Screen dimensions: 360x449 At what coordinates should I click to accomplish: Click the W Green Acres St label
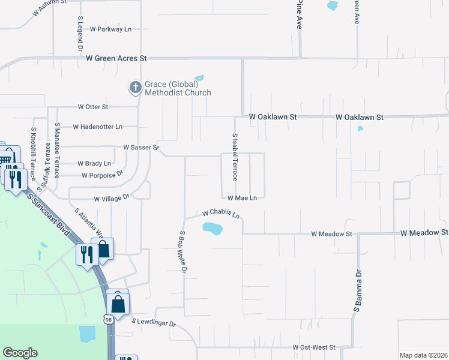(x=116, y=58)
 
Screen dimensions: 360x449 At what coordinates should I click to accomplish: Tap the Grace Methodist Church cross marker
(x=136, y=88)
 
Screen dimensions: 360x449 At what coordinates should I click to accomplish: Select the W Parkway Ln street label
(x=110, y=29)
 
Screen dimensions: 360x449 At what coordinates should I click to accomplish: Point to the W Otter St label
(x=92, y=107)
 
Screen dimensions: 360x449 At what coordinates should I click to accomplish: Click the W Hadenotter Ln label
(x=97, y=127)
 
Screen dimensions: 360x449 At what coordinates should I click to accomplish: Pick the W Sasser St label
(x=140, y=147)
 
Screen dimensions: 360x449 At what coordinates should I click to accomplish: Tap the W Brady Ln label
(x=94, y=163)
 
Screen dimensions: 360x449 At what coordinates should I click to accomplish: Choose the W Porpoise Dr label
(x=102, y=175)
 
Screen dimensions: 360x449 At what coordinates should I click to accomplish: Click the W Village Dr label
(x=112, y=197)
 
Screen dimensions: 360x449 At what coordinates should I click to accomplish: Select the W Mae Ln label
(x=242, y=197)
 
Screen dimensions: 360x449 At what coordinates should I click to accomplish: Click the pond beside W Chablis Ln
(x=212, y=229)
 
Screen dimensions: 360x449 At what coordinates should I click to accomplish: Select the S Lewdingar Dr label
(x=154, y=324)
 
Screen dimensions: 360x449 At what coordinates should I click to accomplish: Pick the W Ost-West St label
(x=313, y=347)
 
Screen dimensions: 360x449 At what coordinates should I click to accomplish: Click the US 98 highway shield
(x=109, y=320)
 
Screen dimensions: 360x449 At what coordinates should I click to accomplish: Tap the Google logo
(x=20, y=353)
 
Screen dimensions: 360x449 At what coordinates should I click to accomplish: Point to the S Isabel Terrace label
(x=235, y=157)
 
